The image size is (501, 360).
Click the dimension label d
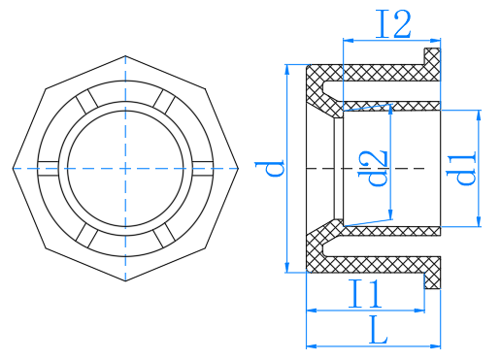[276, 167]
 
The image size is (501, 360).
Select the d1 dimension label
[464, 167]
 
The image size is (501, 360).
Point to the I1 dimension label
[365, 291]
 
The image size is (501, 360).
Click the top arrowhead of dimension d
[287, 69]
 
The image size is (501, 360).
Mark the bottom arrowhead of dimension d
[287, 268]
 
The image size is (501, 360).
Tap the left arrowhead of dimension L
[311, 344]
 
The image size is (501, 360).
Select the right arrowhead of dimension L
[436, 344]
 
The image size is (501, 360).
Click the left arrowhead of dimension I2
[348, 41]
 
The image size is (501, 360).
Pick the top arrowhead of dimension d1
[480, 115]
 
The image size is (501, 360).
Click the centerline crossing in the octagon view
[124, 168]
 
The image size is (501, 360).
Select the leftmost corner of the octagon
[12, 168]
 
